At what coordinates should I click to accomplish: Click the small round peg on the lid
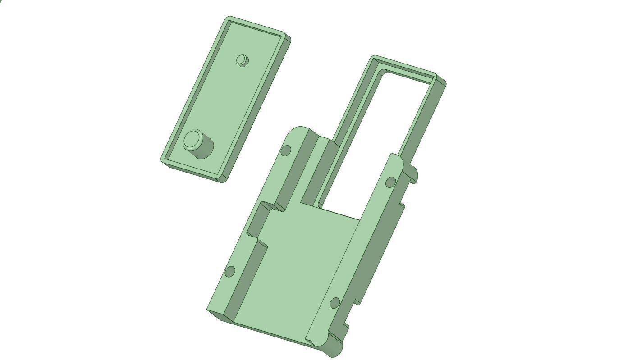pyautogui.click(x=242, y=59)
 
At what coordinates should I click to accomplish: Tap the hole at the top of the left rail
pyautogui.click(x=286, y=150)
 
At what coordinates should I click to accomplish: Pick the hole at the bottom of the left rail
pyautogui.click(x=230, y=272)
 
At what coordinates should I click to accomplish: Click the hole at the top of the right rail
pyautogui.click(x=391, y=182)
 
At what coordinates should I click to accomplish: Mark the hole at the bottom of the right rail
pyautogui.click(x=334, y=303)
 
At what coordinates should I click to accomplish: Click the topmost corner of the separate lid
pyautogui.click(x=229, y=18)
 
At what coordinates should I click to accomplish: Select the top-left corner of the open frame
pyautogui.click(x=374, y=58)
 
